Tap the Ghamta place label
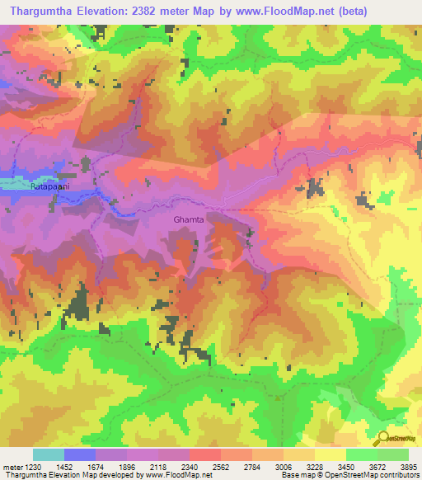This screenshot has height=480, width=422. pos(190,220)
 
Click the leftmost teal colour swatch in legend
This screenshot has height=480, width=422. pos(49,454)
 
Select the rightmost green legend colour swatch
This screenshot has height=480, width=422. pos(393,454)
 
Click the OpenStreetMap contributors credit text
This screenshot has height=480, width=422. pos(371,476)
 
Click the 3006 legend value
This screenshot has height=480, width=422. pos(280,467)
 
